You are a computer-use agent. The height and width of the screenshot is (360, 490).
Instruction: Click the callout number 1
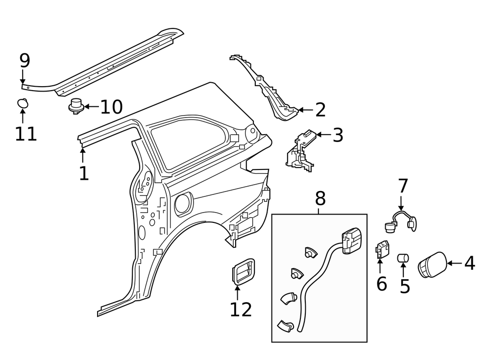84,173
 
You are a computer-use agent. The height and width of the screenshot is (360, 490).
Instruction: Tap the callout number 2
320,110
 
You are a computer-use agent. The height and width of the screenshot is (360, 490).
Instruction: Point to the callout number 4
469,264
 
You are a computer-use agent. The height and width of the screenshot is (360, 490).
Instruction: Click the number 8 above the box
319,199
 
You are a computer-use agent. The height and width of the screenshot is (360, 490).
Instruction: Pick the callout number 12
241,309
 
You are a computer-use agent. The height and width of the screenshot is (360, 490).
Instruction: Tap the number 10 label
111,106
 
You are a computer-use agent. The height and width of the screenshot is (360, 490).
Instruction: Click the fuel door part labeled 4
432,265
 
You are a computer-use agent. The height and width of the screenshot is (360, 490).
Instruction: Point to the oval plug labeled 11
23,103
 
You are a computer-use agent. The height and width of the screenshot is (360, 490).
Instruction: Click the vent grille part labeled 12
243,270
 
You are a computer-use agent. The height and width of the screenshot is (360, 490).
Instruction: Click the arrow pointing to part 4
454,264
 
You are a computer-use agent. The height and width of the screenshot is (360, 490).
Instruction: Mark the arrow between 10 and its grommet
92,106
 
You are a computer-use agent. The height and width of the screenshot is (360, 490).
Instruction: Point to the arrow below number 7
401,203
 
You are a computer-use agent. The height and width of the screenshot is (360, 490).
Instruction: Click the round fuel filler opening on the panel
183,204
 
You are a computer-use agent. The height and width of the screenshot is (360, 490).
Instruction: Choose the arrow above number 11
23,116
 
